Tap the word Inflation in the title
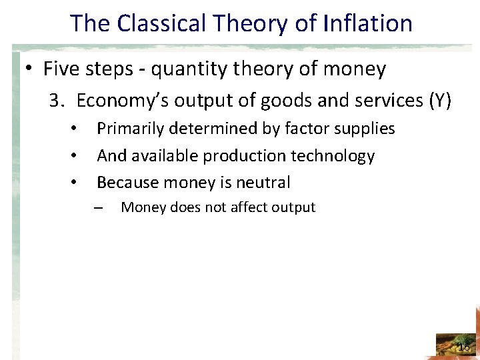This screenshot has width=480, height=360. tap(368, 23)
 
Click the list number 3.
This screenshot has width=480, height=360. tap(55, 101)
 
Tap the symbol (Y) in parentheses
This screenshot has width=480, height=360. tap(440, 101)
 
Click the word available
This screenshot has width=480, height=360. tap(165, 156)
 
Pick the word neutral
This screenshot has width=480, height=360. tap(264, 182)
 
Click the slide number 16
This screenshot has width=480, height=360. tap(464, 347)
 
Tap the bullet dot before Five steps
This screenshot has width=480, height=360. tap(30, 69)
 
